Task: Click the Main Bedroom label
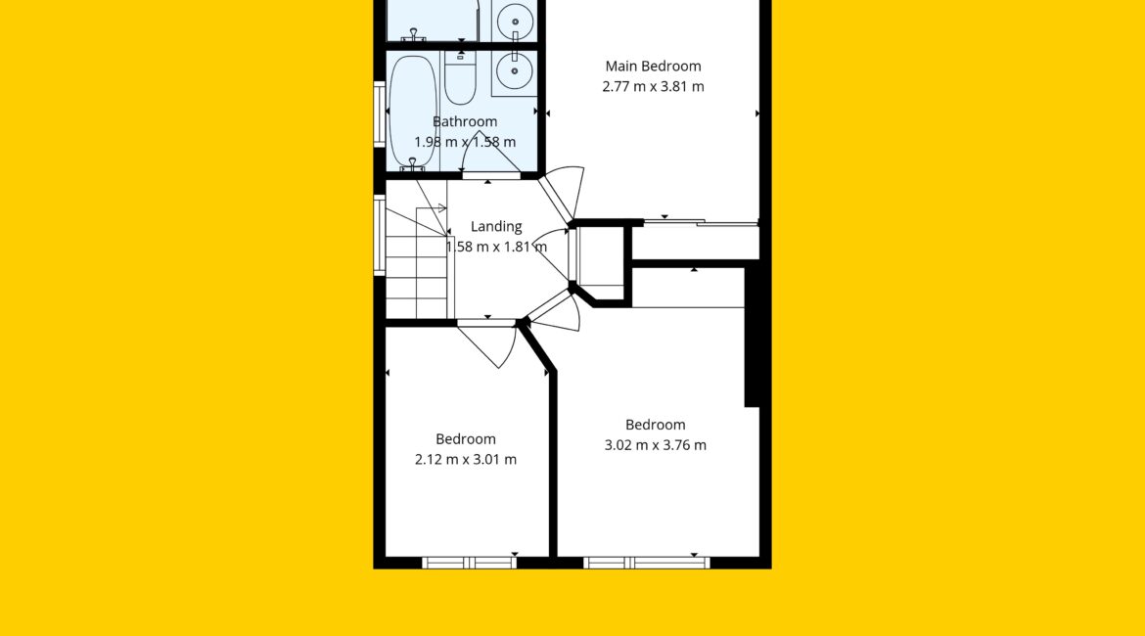(653, 67)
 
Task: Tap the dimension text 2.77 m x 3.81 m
(653, 87)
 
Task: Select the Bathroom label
(465, 121)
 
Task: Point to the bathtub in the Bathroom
(413, 112)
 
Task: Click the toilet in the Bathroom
(460, 77)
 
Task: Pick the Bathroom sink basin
(515, 71)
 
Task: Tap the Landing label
(496, 226)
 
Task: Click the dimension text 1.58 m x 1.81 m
(496, 247)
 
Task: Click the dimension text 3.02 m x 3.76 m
(655, 444)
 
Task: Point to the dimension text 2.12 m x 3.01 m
(465, 459)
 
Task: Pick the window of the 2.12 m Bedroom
(470, 563)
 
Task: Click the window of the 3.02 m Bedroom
(646, 563)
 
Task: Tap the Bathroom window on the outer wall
(379, 114)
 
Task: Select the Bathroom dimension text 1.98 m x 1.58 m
(465, 142)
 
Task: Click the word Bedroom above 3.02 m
(655, 425)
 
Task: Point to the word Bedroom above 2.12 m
(465, 439)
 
